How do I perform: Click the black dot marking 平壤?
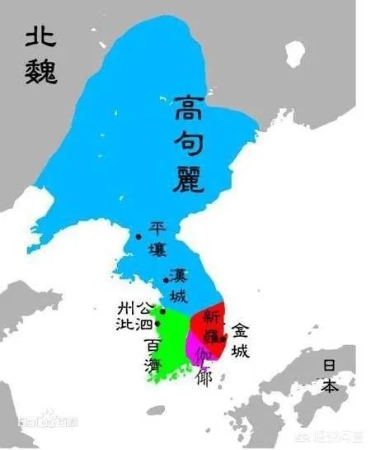(x=139, y=238)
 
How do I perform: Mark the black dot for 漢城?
(x=166, y=281)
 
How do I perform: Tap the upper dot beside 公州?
(x=162, y=311)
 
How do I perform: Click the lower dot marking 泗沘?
(x=157, y=324)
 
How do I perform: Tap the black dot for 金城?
(x=223, y=339)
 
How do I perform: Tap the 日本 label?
(x=329, y=376)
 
